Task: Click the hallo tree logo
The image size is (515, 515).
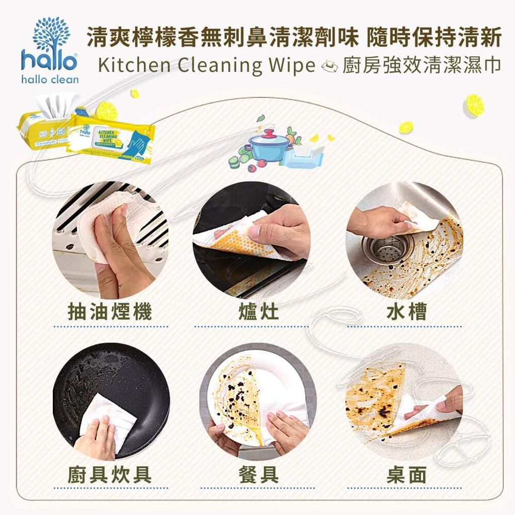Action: point(50,35)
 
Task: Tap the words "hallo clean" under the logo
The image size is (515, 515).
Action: point(50,79)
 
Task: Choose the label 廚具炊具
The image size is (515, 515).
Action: point(110,474)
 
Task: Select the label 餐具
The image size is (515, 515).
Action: point(258,474)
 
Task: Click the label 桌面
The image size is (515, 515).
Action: point(406,474)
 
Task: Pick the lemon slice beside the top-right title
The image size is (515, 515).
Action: point(474,105)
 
